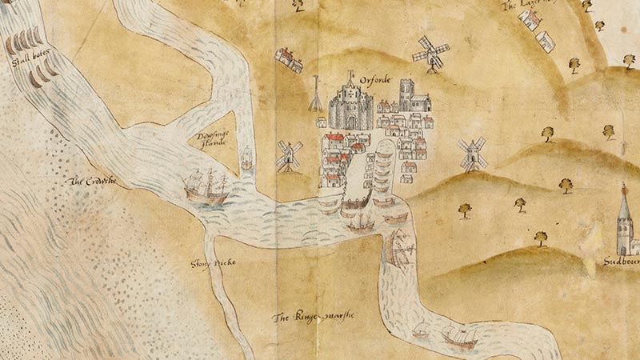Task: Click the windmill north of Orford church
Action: [430, 53]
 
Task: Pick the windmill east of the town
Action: [472, 151]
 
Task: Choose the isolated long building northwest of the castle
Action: [288, 58]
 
